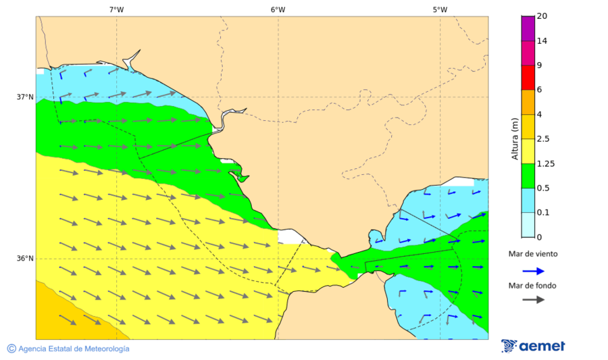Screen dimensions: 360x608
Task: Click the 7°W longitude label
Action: point(116,9)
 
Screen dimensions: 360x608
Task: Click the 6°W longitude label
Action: point(278,9)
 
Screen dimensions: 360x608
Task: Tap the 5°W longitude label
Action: point(440,9)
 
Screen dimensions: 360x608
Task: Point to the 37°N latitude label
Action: point(25,97)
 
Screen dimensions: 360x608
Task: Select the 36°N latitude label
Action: point(25,259)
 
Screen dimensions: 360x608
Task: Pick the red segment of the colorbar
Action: point(528,77)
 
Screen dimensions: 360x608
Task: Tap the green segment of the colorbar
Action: point(528,176)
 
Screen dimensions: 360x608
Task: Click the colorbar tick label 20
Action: point(542,16)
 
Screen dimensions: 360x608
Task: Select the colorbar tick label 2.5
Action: point(543,139)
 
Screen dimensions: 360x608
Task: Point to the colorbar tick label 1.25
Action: point(545,163)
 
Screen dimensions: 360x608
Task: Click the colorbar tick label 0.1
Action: point(543,213)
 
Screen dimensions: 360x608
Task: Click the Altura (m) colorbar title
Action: point(515,138)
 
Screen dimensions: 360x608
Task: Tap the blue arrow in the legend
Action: point(533,271)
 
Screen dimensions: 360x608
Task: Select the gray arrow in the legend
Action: point(533,299)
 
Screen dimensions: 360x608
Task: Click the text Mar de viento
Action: point(533,254)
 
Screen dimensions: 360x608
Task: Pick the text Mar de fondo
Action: point(532,286)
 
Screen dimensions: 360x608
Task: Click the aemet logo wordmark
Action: point(542,346)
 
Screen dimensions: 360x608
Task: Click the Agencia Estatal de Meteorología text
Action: point(74,349)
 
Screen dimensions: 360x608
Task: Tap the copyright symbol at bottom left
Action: point(11,349)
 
